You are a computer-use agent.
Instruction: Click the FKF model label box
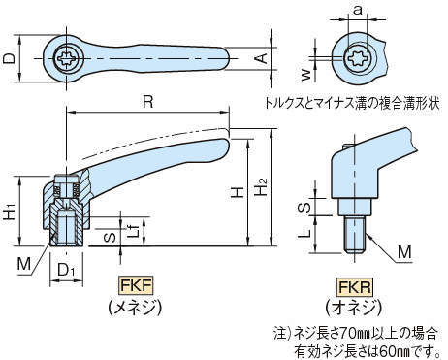pyautogui.click(x=136, y=285)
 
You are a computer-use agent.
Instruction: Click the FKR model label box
pyautogui.click(x=355, y=287)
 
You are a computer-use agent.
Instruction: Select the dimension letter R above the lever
pyautogui.click(x=148, y=102)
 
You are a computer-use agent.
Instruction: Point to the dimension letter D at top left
pyautogui.click(x=9, y=58)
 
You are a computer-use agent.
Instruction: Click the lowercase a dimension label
pyautogui.click(x=358, y=10)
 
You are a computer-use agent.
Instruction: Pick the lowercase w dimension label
pyautogui.click(x=305, y=75)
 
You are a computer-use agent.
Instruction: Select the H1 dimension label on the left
pyautogui.click(x=10, y=211)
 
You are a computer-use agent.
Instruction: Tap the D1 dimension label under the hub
pyautogui.click(x=66, y=270)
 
